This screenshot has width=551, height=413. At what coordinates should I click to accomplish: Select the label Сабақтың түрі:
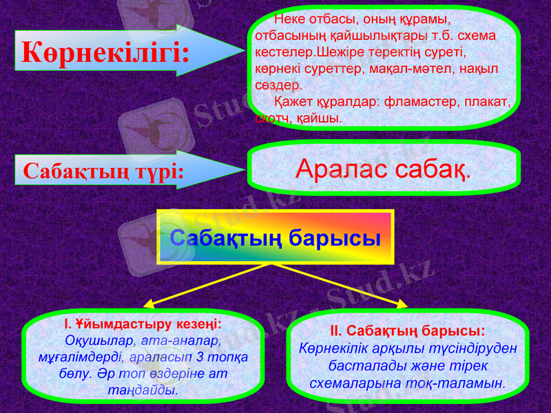pos(103,171)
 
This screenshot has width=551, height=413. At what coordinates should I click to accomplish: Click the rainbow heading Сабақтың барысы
pos(275,237)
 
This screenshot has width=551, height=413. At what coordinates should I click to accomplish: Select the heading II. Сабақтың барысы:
pos(406,330)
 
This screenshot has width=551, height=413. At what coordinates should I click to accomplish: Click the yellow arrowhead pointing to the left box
pos(149,302)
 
